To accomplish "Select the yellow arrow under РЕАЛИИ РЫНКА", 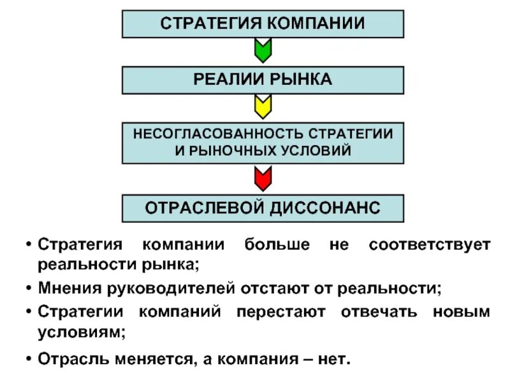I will [263, 106].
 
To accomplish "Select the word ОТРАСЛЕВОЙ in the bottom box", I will [199, 208].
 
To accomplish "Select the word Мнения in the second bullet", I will [64, 288].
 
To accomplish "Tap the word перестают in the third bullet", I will [281, 313].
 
